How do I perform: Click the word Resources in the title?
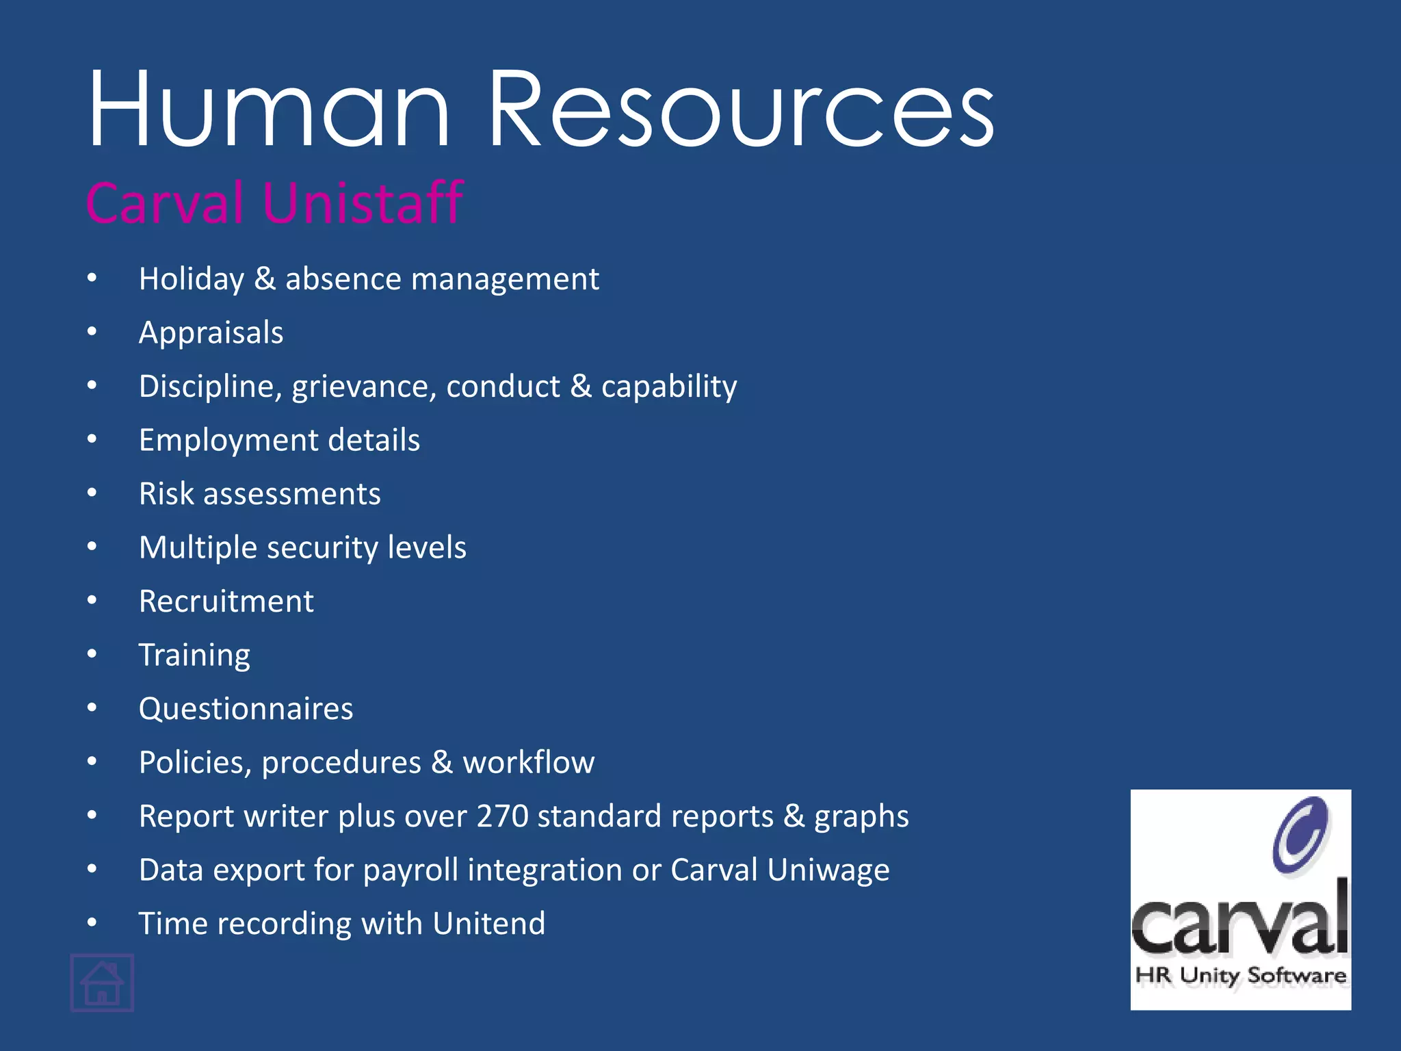[742, 109]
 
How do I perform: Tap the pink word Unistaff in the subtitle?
[363, 203]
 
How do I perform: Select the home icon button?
[102, 983]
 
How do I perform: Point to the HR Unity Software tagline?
[1240, 975]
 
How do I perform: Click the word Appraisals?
[211, 333]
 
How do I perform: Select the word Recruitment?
[226, 601]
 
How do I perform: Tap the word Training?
[194, 656]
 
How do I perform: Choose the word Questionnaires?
[246, 709]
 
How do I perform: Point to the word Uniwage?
[828, 870]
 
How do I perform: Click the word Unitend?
[488, 924]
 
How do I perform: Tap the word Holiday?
[192, 279]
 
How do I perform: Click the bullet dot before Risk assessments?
[92, 493]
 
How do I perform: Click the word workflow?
[528, 762]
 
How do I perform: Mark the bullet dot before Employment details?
[92, 439]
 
